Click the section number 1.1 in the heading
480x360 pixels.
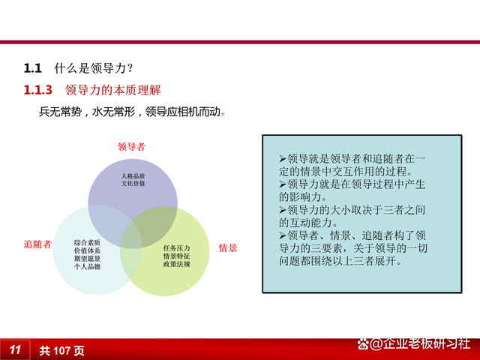(32, 68)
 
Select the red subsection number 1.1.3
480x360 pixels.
(38, 91)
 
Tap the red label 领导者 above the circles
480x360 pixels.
(132, 146)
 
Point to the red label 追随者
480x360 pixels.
(37, 244)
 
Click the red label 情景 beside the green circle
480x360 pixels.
(228, 247)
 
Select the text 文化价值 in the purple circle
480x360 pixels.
(132, 184)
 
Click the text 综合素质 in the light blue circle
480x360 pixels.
(87, 242)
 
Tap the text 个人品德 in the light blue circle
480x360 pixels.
(87, 266)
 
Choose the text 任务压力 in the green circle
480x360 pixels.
(176, 247)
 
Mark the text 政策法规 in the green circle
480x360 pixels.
(176, 265)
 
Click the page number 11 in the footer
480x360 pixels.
(15, 349)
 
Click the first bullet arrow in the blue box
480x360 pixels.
(282, 160)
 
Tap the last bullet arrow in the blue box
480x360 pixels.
(282, 235)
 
